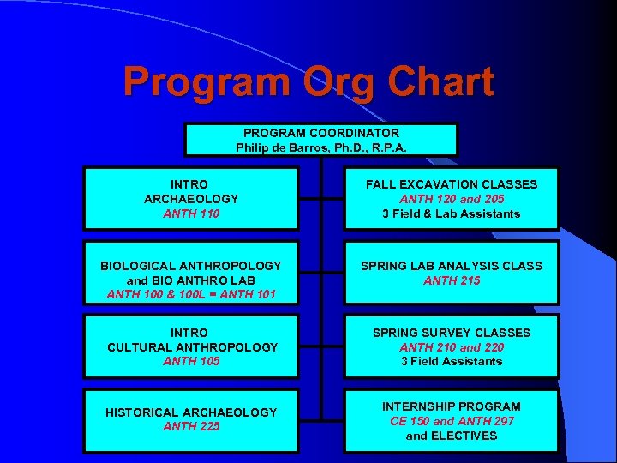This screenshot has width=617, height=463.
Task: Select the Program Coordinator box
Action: (321, 140)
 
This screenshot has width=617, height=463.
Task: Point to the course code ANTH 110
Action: (191, 213)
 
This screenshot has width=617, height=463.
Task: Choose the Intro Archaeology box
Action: (191, 199)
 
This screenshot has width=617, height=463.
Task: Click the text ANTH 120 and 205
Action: (452, 199)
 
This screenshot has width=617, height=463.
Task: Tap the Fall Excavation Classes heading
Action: (452, 184)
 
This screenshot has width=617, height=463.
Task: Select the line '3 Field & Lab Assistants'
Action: (452, 213)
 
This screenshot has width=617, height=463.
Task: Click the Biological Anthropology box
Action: (191, 273)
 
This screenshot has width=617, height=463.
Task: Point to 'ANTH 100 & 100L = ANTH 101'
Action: (191, 295)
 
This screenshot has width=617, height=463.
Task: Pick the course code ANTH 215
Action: (452, 280)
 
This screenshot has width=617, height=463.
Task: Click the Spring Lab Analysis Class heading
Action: (452, 266)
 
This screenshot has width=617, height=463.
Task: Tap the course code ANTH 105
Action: (191, 361)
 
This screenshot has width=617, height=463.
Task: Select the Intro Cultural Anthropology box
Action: (191, 346)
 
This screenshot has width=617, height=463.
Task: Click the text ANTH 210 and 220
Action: (452, 347)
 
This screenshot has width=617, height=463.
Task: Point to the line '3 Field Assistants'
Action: (452, 361)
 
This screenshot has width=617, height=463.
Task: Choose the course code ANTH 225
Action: (191, 427)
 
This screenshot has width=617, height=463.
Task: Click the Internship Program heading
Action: (452, 406)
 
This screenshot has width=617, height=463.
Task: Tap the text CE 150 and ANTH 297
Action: (452, 420)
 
